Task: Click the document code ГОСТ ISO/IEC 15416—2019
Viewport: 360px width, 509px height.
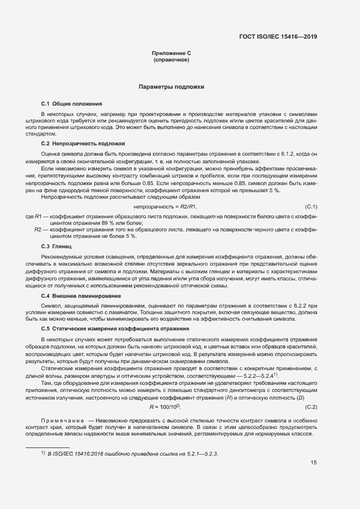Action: [278, 37]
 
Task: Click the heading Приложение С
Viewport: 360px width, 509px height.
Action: [171, 53]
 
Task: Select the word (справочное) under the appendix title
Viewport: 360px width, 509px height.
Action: [171, 60]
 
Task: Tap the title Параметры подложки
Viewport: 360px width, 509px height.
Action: [171, 87]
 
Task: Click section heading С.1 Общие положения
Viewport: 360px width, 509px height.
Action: [71, 103]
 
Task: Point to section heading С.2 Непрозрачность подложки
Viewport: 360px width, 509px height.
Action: [83, 144]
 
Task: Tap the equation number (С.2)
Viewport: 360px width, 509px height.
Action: [311, 407]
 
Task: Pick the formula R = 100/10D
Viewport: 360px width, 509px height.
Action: [165, 407]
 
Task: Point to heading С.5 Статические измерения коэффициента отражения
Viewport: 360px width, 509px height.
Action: [115, 329]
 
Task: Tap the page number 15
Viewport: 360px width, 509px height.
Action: [314, 463]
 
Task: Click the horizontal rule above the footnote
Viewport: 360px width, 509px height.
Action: [48, 446]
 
